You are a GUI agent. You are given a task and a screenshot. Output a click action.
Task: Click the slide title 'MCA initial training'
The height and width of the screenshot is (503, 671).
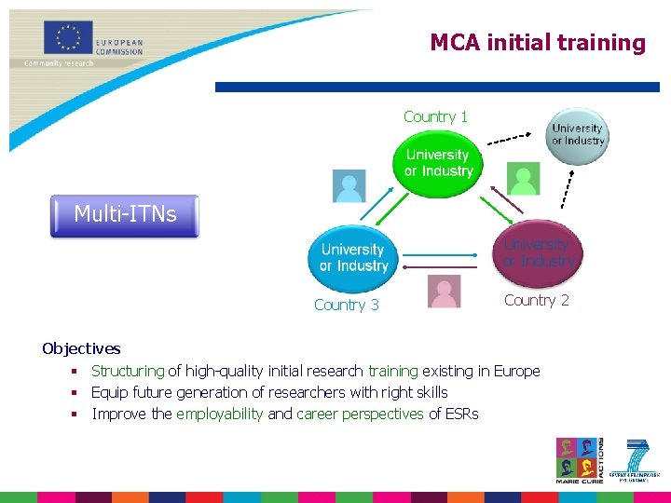538,43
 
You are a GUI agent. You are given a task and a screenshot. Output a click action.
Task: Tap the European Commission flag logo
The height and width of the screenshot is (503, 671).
68,38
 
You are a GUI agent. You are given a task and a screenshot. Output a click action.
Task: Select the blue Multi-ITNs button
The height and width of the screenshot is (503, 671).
125,215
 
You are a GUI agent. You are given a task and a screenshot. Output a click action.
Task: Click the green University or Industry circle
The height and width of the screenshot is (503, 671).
438,163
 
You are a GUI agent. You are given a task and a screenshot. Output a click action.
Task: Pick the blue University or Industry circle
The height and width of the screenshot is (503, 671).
353,258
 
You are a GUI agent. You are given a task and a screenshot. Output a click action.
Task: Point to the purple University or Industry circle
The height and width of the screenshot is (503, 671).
539,251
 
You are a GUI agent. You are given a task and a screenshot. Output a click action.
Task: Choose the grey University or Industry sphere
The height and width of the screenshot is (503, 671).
578,135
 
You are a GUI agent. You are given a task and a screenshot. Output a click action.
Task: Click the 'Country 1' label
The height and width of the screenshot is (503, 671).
435,116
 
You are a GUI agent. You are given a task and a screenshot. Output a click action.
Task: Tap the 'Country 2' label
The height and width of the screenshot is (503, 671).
536,300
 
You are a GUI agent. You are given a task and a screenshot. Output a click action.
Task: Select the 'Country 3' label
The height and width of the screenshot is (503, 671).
347,305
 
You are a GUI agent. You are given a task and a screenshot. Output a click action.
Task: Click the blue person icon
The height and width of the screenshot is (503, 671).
349,185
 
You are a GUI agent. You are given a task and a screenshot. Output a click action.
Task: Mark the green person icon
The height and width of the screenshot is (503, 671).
523,177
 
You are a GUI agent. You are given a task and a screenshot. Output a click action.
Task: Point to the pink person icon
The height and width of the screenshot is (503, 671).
444,292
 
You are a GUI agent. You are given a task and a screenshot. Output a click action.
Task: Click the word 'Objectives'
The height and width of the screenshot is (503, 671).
81,348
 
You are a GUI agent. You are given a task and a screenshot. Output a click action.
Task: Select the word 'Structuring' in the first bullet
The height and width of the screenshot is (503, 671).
128,371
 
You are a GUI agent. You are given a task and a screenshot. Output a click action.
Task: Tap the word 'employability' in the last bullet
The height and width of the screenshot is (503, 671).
219,414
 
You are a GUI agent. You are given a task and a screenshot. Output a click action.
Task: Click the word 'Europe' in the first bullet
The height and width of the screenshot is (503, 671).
516,371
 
